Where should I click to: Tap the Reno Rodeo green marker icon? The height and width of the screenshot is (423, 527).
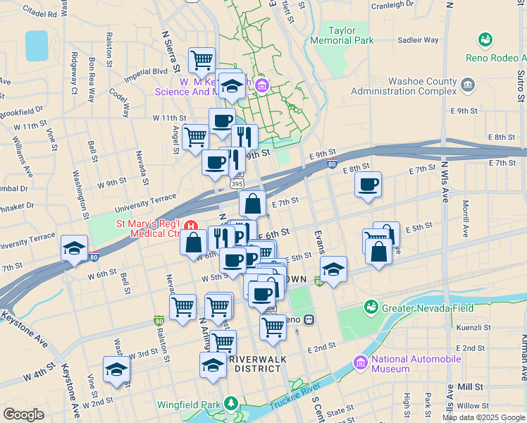pyautogui.click(x=485, y=39)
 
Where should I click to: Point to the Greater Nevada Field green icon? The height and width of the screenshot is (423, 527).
pyautogui.click(x=371, y=307)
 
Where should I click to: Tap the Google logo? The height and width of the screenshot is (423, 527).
pyautogui.click(x=23, y=415)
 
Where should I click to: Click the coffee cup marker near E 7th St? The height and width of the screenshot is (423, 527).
pyautogui.click(x=368, y=185)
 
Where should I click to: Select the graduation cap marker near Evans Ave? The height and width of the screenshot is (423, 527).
pyautogui.click(x=333, y=269)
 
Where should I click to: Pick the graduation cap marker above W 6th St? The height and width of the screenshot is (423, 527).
pyautogui.click(x=74, y=249)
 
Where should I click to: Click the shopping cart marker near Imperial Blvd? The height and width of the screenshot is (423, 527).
pyautogui.click(x=202, y=61)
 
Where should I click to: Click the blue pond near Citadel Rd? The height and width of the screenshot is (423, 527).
pyautogui.click(x=37, y=46)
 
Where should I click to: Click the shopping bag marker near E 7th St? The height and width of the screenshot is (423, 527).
pyautogui.click(x=252, y=204)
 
